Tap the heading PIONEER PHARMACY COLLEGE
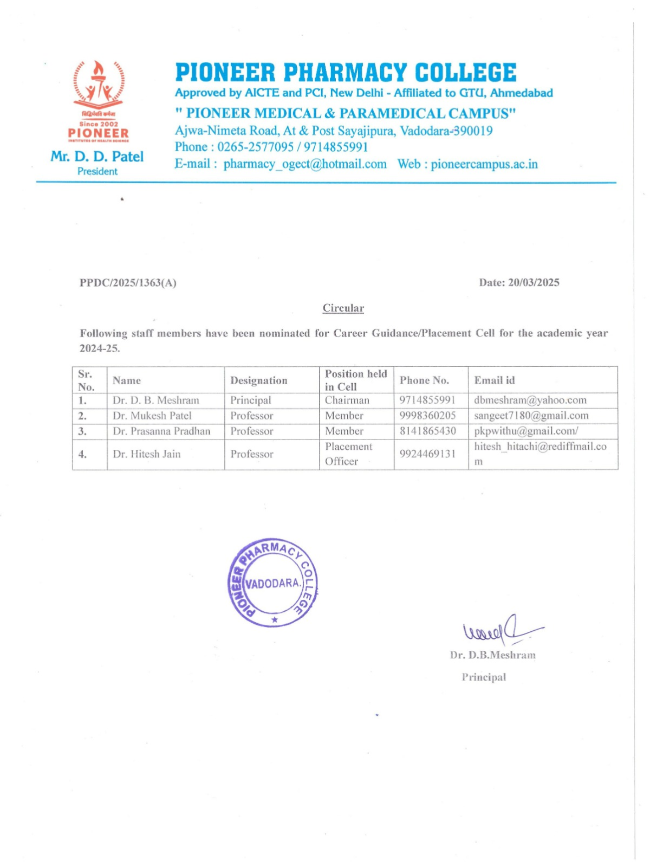point(346,73)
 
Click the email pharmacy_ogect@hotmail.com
point(305,164)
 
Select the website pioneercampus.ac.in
point(484,164)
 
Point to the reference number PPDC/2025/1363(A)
point(128,283)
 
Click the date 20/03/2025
point(534,282)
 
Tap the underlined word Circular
point(343,308)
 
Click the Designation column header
point(259,380)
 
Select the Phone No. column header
point(424,380)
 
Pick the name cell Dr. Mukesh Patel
point(152,416)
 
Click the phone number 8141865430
point(428,431)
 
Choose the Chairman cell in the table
point(347,400)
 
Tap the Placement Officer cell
point(348,454)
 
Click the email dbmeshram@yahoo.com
point(530,400)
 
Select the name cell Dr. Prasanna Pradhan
point(161,431)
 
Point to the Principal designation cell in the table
point(251,400)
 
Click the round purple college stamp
point(272,583)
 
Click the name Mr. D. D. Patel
point(97,157)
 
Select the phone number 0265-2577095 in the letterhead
point(256,147)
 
